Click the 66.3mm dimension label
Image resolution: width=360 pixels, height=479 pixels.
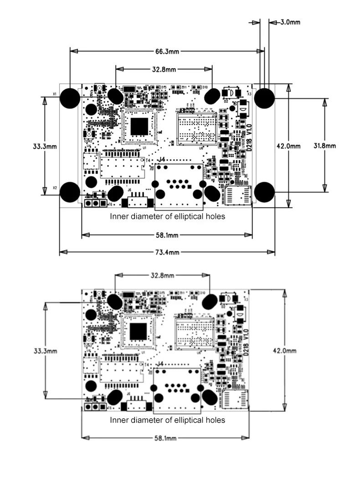(167, 52)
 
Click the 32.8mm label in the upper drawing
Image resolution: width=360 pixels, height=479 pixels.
(164, 69)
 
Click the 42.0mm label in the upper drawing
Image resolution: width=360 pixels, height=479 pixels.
(289, 146)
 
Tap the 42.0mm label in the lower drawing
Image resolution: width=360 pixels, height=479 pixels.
(285, 350)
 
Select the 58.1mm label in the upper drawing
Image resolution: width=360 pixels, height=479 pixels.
(167, 236)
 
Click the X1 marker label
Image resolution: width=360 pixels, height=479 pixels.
(55, 94)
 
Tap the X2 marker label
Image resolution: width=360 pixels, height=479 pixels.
(55, 188)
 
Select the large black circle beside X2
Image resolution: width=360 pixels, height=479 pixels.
(70, 192)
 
